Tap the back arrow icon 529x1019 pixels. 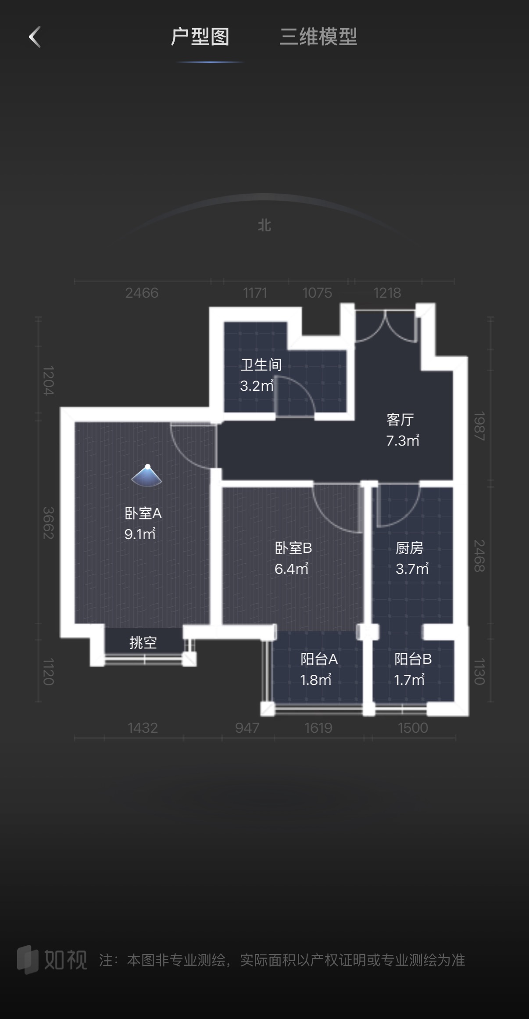pos(35,36)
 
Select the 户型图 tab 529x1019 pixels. pos(200,37)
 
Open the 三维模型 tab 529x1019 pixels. pos(318,37)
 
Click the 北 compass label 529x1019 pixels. pos(264,226)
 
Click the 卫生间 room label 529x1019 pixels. pos(261,364)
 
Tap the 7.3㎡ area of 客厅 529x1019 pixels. pos(402,440)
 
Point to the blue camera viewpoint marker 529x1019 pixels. pos(147,476)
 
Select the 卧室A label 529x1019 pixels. pos(143,513)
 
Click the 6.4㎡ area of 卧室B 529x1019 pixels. pos(291,569)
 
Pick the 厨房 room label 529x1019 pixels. pos(409,548)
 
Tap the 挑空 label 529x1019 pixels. pos(143,643)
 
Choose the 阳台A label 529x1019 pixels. pos(319,659)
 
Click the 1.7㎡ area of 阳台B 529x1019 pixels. pos(409,680)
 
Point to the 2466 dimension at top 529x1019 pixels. pos(142,293)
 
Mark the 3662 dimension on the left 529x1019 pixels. pos(48,523)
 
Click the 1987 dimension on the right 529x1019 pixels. pos(479,426)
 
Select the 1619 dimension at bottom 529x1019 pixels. pos(318,728)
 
